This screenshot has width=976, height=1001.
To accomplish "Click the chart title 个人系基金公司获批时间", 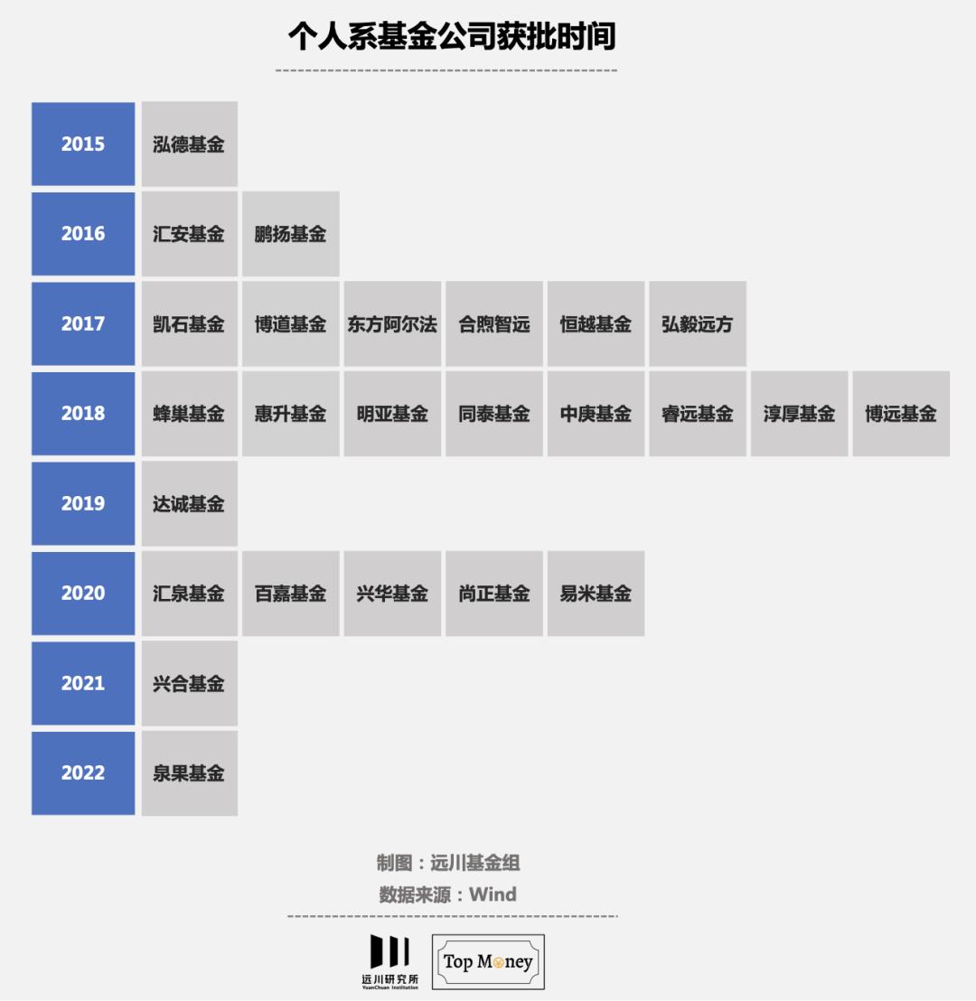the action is tap(452, 37).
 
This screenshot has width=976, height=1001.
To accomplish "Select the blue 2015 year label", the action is tap(83, 144).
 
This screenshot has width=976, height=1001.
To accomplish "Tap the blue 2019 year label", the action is tap(83, 503).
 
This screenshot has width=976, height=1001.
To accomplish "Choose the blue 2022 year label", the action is tap(83, 773).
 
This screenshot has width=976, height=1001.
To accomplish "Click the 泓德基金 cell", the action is tap(189, 144).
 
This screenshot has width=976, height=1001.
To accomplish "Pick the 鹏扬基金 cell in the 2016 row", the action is tap(290, 234).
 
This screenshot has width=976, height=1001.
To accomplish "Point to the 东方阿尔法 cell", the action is tap(392, 324).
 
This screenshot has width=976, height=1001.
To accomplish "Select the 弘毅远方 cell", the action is tap(697, 324).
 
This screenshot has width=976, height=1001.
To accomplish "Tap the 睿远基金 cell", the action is tap(697, 414).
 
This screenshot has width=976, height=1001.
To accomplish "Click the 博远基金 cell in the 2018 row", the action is tap(900, 414).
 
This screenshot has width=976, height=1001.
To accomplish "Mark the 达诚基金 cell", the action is tap(189, 503).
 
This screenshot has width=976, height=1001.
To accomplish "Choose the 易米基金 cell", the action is tap(596, 594).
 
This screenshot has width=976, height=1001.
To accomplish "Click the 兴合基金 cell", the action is tap(189, 683).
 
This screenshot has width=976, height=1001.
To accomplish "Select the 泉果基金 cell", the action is tap(189, 773).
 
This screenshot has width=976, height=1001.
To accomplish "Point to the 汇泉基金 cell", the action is tap(189, 594).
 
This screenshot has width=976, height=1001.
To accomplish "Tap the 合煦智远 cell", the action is tap(493, 324).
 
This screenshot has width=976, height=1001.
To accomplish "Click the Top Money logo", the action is tap(488, 962).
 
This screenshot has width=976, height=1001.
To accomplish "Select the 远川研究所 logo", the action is tap(389, 962).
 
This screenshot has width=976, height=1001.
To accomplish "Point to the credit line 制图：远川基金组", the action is tap(448, 863).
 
